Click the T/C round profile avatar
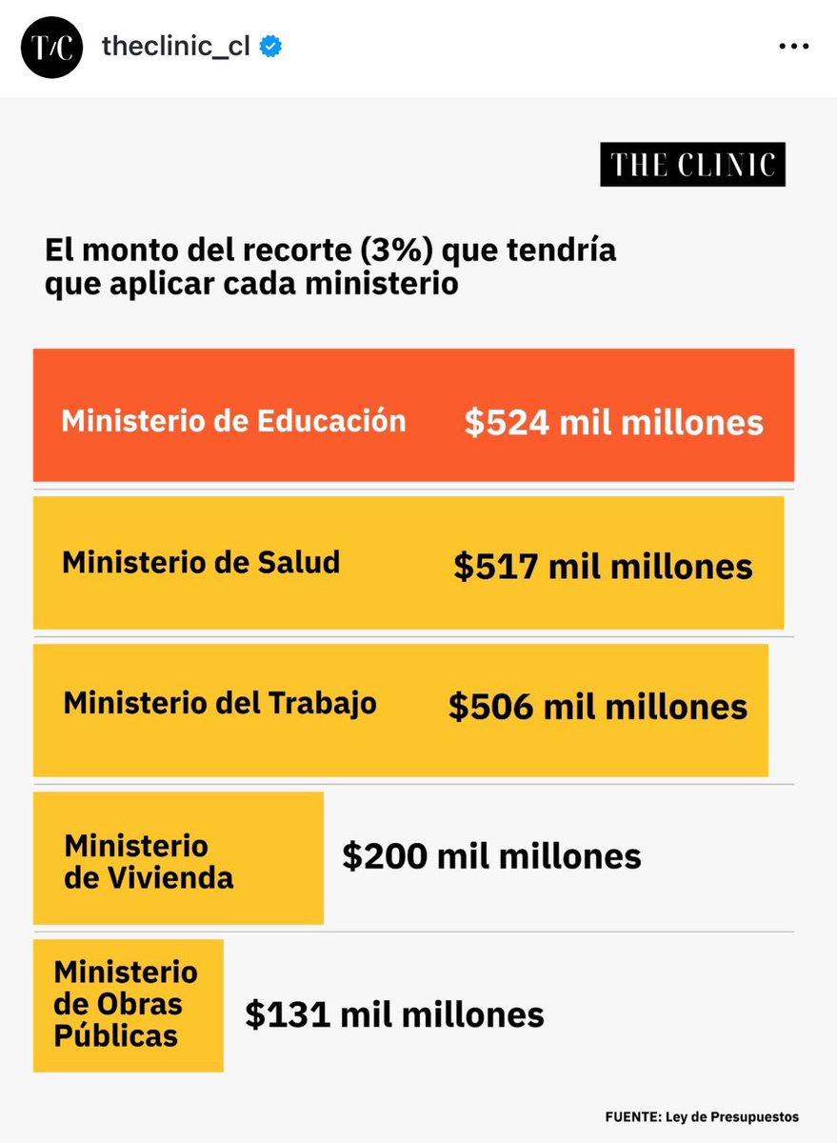(50, 48)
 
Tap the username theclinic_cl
(175, 48)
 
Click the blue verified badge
(270, 48)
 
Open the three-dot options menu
(794, 48)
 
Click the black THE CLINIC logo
(692, 165)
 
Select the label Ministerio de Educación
(233, 421)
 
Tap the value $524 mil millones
(614, 423)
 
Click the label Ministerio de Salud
(201, 562)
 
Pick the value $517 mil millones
(603, 567)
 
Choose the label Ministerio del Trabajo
(220, 704)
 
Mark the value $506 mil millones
(598, 707)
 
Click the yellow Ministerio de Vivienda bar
(178, 858)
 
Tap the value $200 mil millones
(491, 856)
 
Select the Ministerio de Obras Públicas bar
(128, 1005)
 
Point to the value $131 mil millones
(394, 1014)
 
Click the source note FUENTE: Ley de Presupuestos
(701, 1116)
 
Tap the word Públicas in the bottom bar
(115, 1035)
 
